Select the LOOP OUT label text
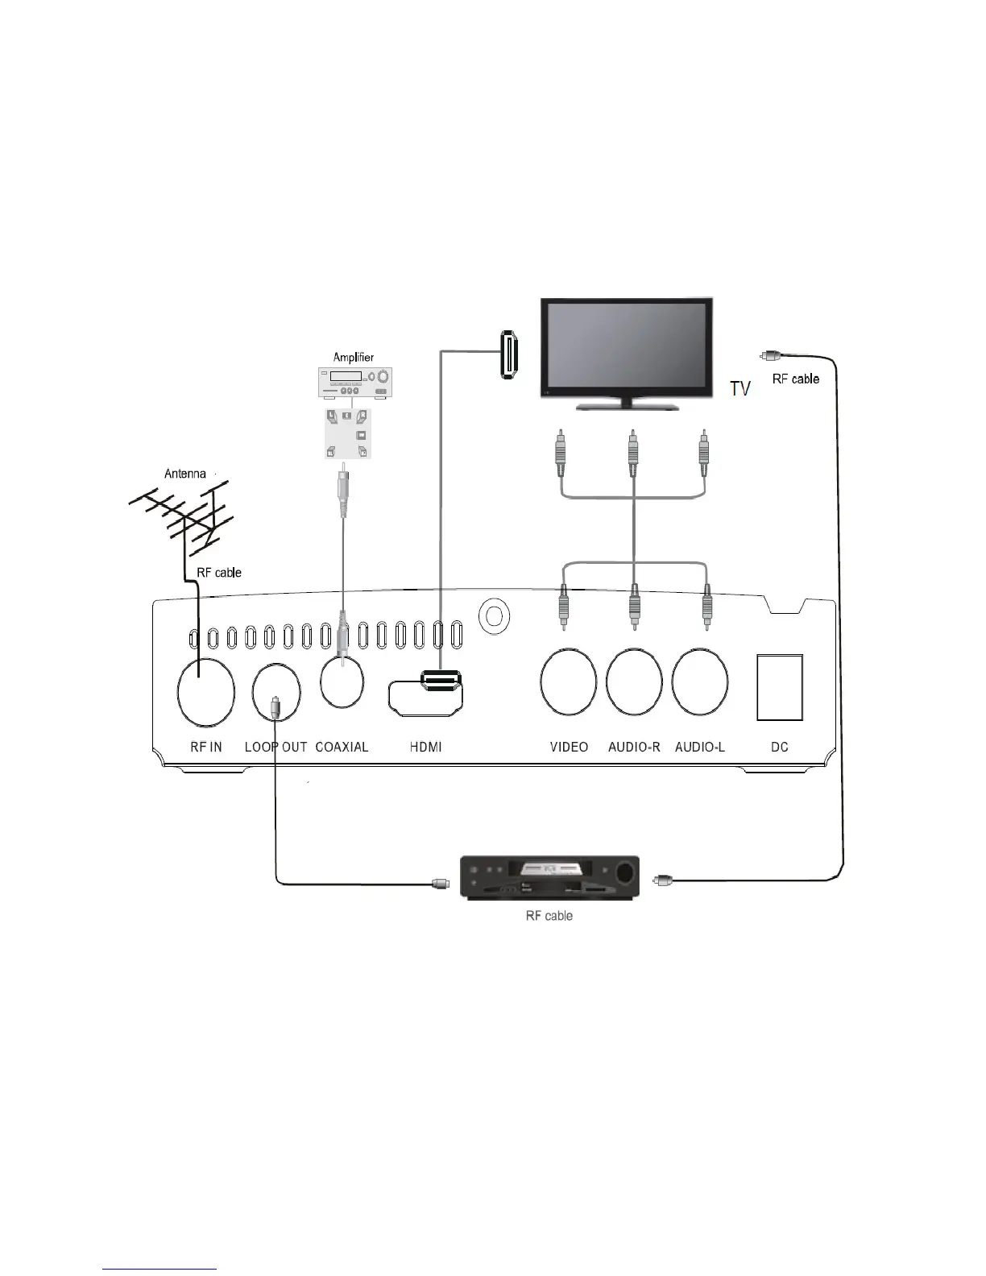pos(275,747)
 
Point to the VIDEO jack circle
pos(569,681)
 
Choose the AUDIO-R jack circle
pos(634,681)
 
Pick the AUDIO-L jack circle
pos(700,681)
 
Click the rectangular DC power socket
pos(780,687)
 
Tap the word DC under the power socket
pos(779,747)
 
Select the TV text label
pos(740,389)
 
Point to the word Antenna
pos(185,474)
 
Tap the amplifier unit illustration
pos(353,383)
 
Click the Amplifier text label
pos(354,357)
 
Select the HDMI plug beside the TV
pos(507,354)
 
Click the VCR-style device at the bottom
pos(549,878)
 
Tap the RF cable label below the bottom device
pos(549,916)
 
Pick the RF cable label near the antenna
pos(219,573)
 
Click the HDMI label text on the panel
pos(425,747)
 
